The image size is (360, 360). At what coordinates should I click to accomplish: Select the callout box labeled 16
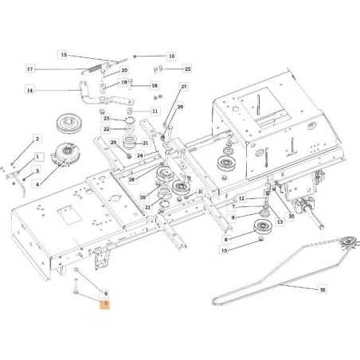tap(171, 57)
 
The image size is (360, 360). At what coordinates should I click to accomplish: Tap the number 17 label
tap(53, 69)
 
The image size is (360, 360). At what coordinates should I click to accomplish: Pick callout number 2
tap(37, 139)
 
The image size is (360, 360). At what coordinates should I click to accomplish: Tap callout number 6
tap(104, 293)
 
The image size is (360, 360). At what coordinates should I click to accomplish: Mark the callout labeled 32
tap(322, 291)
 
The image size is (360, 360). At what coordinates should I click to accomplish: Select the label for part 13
tap(280, 223)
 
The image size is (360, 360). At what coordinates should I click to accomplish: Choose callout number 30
tap(292, 214)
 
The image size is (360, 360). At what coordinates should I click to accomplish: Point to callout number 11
tap(155, 111)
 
